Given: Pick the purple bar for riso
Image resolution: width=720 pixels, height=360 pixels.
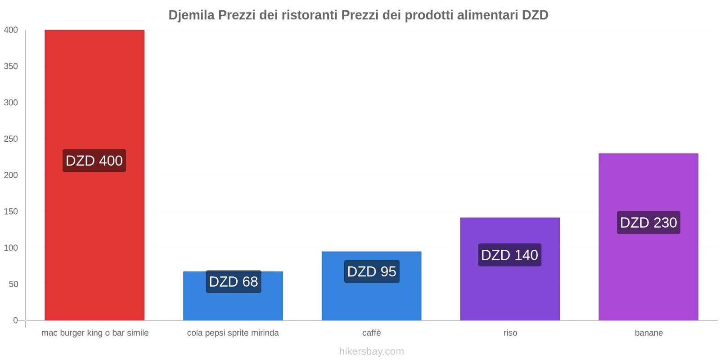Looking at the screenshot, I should [510, 288].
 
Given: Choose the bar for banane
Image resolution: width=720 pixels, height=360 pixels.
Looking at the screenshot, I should [648, 270].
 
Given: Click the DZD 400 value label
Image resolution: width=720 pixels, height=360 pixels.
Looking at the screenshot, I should [94, 161].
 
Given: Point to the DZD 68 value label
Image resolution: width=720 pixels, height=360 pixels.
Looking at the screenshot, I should [234, 282].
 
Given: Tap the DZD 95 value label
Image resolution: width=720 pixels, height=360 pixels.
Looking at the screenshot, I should [372, 272].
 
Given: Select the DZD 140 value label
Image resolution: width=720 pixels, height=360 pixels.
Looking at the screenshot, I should [510, 255].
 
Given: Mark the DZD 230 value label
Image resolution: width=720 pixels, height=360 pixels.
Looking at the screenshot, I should [648, 223].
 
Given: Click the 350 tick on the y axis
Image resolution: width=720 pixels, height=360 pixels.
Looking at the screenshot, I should [11, 66].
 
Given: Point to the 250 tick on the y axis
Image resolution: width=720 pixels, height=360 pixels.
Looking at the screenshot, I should [11, 139].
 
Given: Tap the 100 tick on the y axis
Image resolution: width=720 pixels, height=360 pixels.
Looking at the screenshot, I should [11, 248].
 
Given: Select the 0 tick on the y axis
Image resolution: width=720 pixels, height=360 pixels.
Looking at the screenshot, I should [15, 320].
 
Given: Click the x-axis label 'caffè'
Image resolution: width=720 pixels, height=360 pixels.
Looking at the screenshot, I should [372, 333].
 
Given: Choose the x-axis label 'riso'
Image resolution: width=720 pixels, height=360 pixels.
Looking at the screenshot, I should [510, 333].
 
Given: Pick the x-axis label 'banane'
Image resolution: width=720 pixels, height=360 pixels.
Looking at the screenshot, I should [649, 333].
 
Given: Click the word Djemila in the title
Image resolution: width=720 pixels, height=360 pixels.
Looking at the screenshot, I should [192, 15].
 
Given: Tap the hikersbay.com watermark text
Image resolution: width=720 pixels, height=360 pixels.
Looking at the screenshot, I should [372, 351].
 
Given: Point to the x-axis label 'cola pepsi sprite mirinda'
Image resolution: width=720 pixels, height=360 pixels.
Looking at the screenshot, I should [233, 333].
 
